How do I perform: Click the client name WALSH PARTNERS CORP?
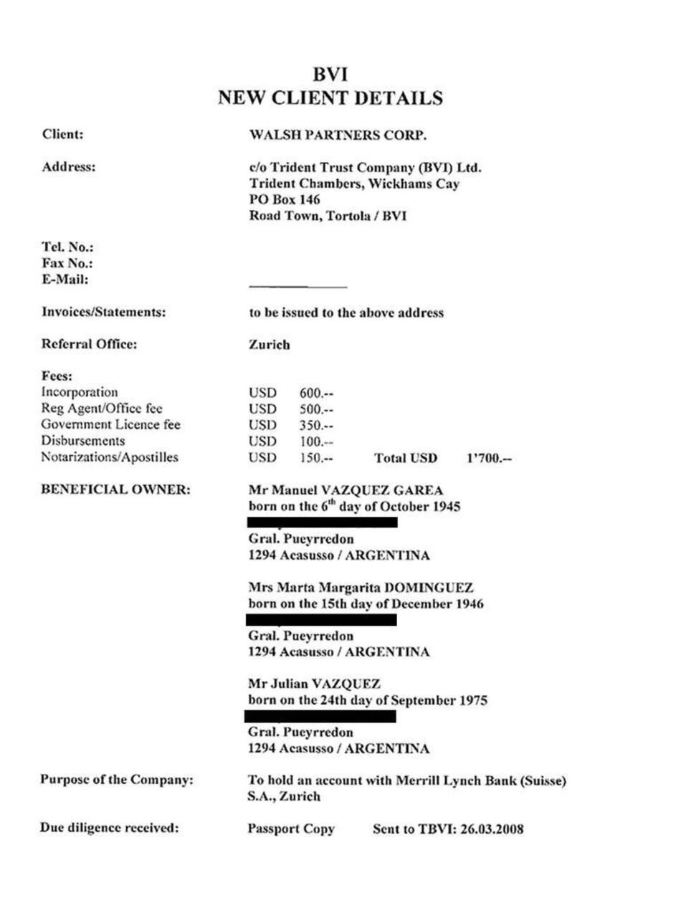(337, 135)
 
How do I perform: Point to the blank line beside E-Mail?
(297, 287)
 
